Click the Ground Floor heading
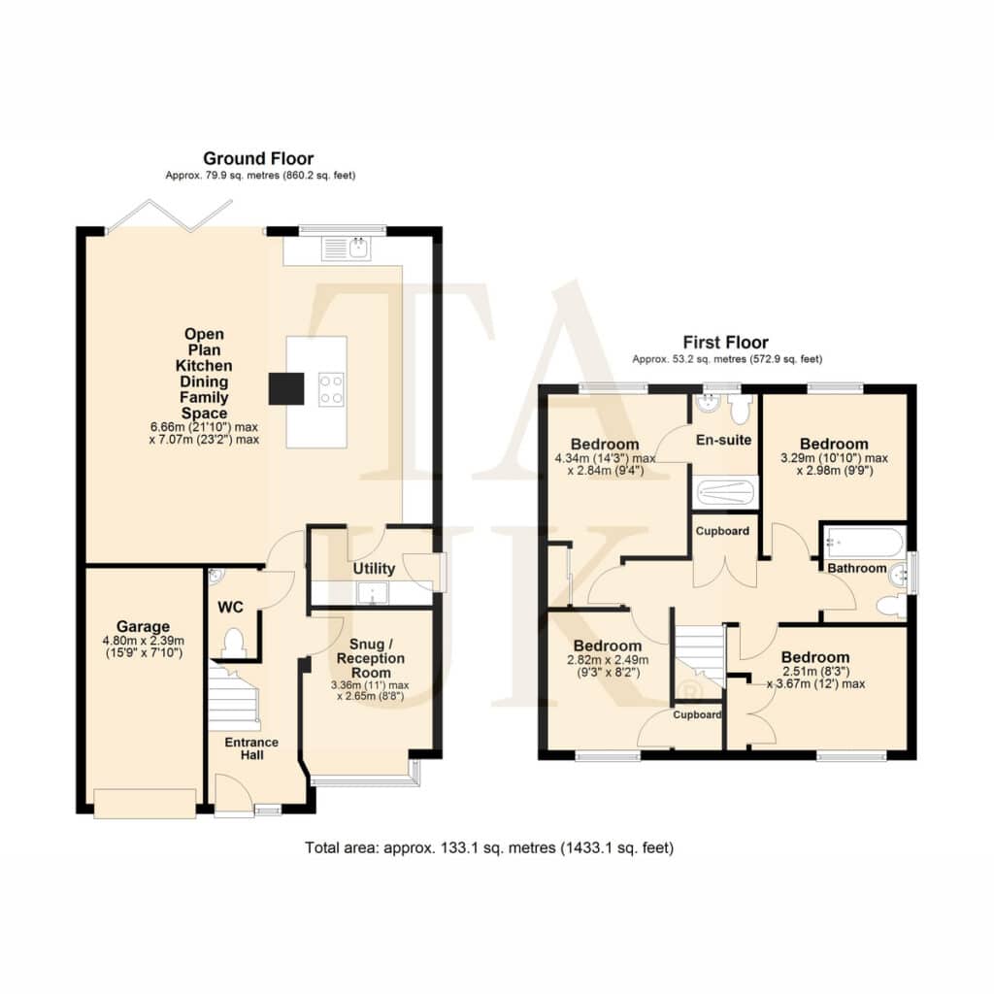(x=258, y=158)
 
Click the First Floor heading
(x=726, y=343)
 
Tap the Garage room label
(x=144, y=626)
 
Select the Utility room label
(x=374, y=568)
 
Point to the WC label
(x=230, y=608)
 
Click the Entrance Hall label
(x=251, y=748)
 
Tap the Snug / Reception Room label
(x=371, y=658)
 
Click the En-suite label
(x=723, y=440)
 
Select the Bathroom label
(x=857, y=568)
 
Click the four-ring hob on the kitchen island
(x=332, y=389)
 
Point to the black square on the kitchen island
(x=286, y=388)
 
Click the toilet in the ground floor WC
(x=233, y=642)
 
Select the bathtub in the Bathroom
(x=864, y=543)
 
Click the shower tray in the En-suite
(x=724, y=493)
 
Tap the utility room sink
(x=372, y=593)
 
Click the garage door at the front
(x=145, y=803)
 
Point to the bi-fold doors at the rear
(x=169, y=215)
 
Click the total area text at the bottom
(x=489, y=847)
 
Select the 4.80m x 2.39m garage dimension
(x=144, y=641)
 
